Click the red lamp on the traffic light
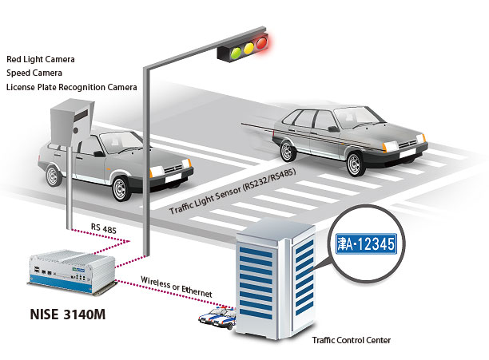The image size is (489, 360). [260, 48]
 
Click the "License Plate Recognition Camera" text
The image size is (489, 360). [71, 87]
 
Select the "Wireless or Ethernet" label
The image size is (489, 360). [177, 287]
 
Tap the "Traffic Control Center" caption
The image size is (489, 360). [352, 341]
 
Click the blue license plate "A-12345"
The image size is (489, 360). [366, 244]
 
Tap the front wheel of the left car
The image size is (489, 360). [121, 189]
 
